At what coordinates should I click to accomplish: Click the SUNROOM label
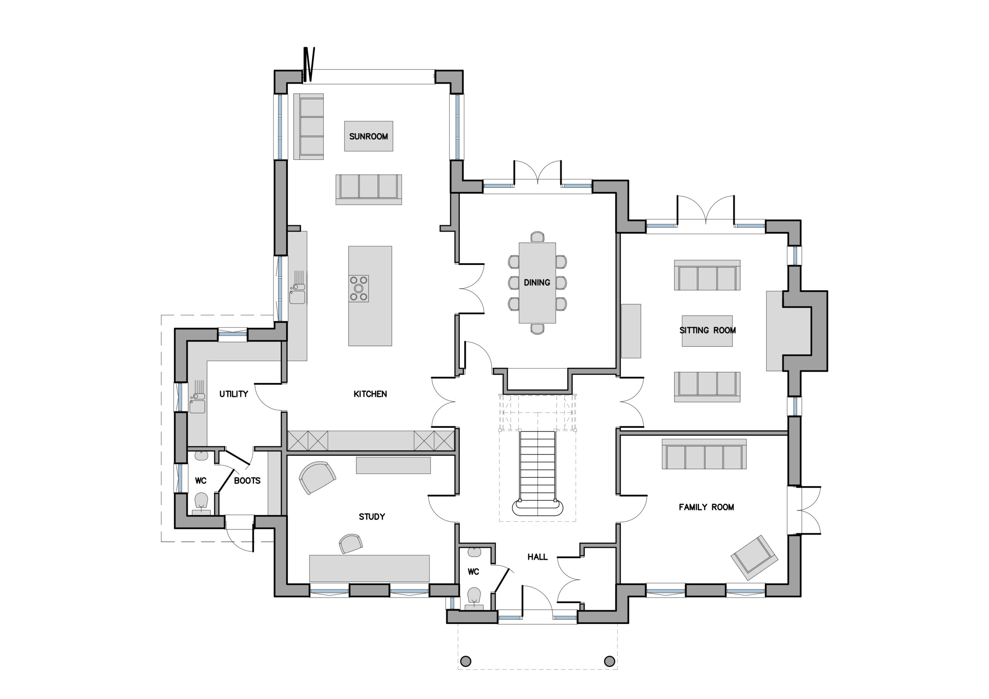368,137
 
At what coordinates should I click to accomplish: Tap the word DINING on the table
537,283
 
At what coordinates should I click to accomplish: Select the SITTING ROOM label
707,330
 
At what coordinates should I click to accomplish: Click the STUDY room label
372,516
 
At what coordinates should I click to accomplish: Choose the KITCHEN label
370,394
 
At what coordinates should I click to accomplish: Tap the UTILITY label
233,394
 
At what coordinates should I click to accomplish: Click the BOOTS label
247,481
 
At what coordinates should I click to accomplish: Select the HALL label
537,557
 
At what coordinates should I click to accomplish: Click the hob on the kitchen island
359,288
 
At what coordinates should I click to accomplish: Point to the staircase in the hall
537,470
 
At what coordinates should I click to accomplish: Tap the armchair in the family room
754,557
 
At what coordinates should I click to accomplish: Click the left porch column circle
466,661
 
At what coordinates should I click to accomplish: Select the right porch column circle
610,661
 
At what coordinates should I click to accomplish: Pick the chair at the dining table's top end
537,237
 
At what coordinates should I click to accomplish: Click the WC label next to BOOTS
201,481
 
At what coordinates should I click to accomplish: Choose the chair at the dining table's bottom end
537,329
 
